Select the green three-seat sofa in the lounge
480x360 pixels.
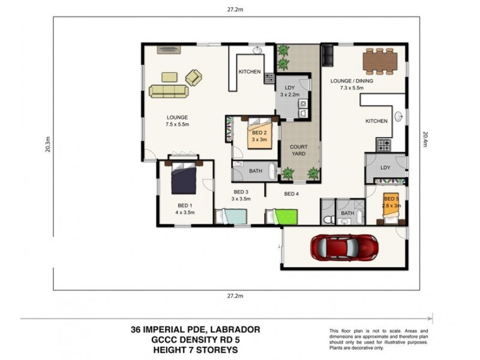[169, 91]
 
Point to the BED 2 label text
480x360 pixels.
[259, 133]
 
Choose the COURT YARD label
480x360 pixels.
[299, 150]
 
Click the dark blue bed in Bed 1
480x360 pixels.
[184, 178]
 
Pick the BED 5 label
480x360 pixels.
[391, 199]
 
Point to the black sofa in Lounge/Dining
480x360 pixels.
[328, 55]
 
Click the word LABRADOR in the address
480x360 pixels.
[236, 329]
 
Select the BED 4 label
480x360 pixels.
[291, 193]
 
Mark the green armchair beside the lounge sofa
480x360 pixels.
[194, 77]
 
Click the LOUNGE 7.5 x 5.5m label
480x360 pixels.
[178, 121]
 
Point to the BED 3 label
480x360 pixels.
[241, 194]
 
